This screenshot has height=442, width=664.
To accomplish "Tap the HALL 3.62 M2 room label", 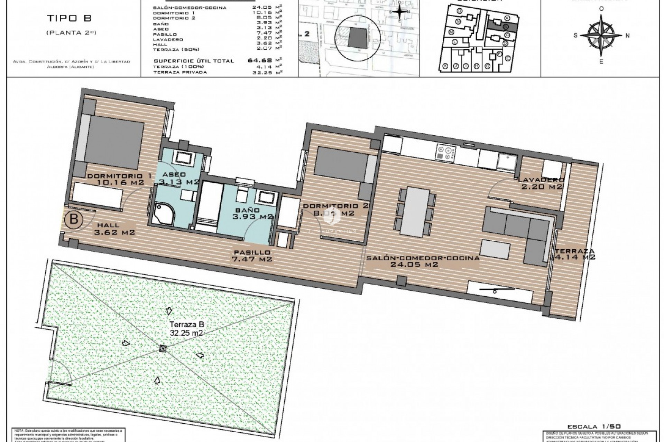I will click(x=114, y=228).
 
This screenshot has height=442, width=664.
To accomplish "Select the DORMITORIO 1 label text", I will click(x=119, y=176).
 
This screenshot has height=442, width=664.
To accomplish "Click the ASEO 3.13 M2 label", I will click(x=178, y=178).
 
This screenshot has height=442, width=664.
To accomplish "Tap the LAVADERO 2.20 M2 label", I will click(x=541, y=183).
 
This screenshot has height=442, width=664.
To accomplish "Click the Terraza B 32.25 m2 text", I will click(x=186, y=329).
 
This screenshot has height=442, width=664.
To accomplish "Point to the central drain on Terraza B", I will click(x=163, y=349).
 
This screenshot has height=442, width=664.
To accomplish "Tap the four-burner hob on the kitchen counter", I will click(x=446, y=153).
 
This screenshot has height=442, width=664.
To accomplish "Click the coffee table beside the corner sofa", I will click(x=496, y=250).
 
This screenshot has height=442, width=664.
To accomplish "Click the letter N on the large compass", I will click(x=627, y=35).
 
